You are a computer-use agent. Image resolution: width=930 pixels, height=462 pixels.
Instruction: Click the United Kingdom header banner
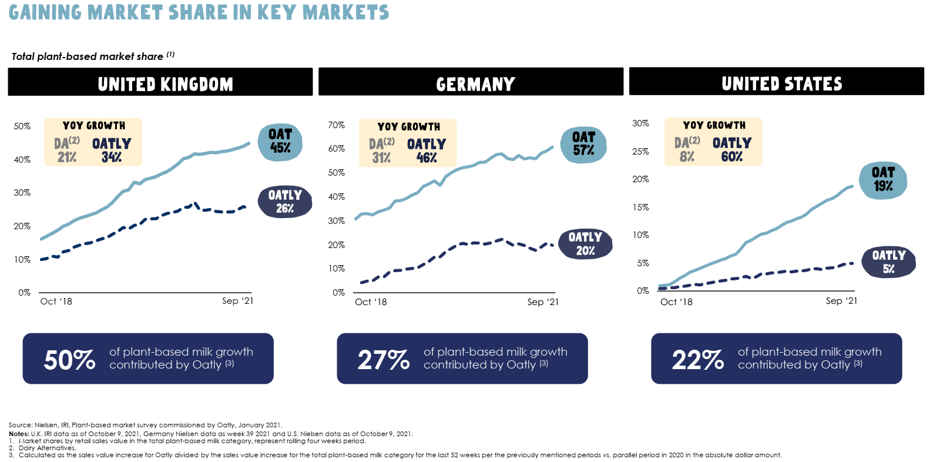pos(160,82)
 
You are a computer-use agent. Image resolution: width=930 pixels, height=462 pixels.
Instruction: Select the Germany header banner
pos(471,82)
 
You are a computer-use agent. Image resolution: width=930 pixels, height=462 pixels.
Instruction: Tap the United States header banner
pos(776,82)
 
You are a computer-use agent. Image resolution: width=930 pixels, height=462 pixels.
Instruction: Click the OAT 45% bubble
pos(280,142)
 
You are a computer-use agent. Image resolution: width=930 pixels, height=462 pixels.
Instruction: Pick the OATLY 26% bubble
pos(285,201)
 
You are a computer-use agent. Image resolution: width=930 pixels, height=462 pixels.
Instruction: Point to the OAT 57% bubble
pos(583,144)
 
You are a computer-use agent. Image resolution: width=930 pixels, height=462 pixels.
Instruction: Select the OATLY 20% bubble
pos(585,243)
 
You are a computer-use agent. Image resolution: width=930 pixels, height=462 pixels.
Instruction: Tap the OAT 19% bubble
pos(882,179)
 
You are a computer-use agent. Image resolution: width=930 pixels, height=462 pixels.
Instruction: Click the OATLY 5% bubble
pos(888,262)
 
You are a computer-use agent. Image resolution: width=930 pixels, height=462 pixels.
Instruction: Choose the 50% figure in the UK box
pos(69,360)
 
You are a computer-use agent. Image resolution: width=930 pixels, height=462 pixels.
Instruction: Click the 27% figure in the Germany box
pos(384,360)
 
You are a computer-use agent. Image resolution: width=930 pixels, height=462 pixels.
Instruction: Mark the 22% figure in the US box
pos(697,360)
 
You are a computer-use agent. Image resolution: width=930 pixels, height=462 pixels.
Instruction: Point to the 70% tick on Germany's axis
pos(336,125)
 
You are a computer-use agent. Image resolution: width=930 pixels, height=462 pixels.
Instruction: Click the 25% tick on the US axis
pos(640,152)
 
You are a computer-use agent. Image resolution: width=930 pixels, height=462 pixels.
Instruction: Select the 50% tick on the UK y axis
pos(22,126)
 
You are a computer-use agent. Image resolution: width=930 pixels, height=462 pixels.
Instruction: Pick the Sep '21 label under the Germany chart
pos(542,302)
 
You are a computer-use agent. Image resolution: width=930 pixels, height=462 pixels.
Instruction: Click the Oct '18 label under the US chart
pos(676,302)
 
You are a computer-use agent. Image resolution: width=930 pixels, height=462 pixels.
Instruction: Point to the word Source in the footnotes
pos(20,425)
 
